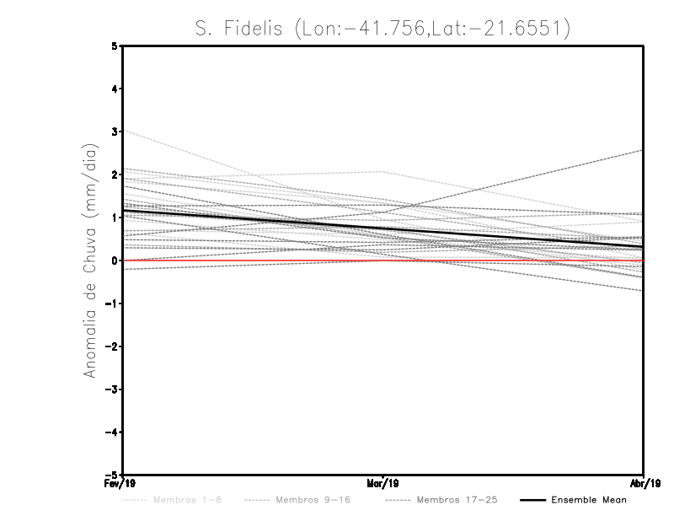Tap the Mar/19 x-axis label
pyautogui.click(x=383, y=483)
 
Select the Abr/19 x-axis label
pyautogui.click(x=644, y=483)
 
